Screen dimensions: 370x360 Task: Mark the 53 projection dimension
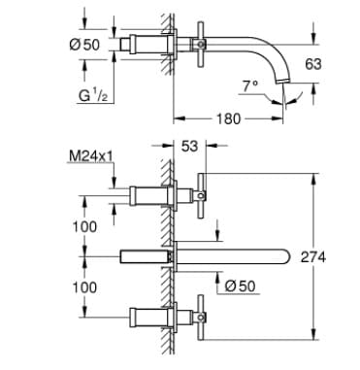(190, 147)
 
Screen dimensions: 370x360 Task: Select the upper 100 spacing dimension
(85, 225)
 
